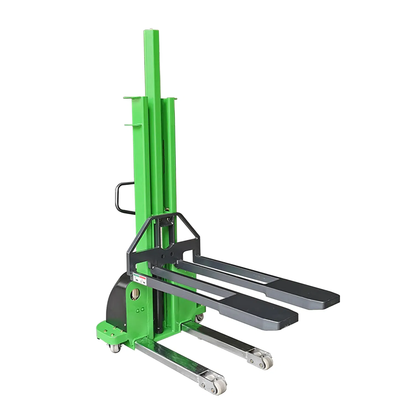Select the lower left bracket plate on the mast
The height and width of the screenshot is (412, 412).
(x=133, y=125)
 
